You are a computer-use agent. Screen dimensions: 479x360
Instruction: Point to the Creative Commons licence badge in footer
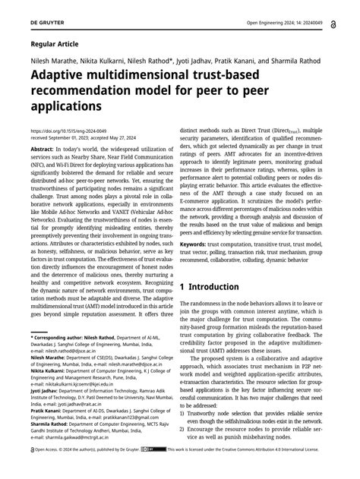157,470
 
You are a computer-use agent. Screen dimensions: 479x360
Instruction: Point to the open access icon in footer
33,470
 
